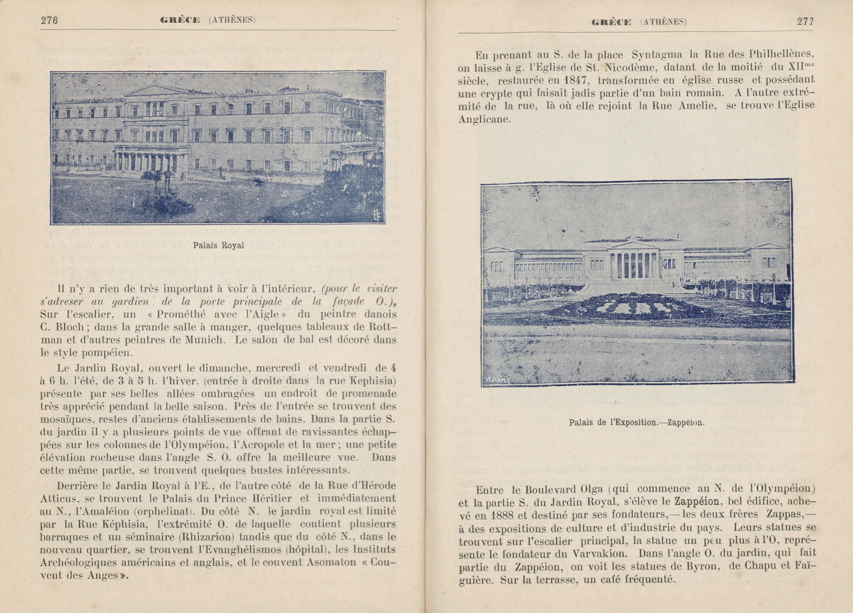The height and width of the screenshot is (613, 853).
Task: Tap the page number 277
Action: click(x=805, y=21)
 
